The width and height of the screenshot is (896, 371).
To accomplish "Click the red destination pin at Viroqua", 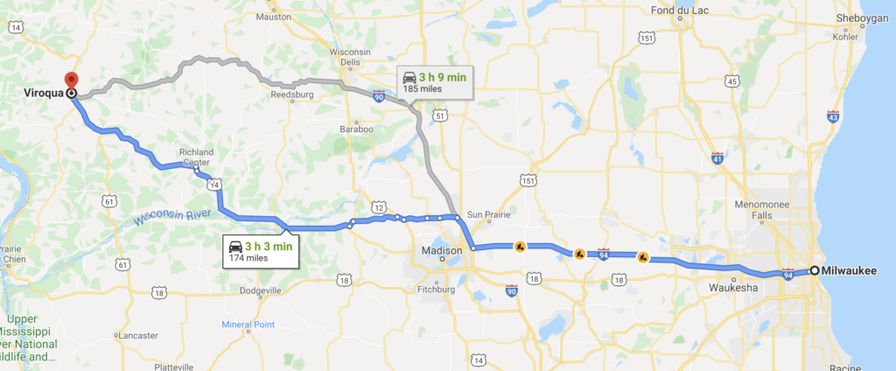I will tap(72, 80).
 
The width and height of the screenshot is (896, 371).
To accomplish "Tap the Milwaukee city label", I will tap(855, 271).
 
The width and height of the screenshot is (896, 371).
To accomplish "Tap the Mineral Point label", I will tap(248, 325).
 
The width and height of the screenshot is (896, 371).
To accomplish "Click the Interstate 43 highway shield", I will tap(832, 115).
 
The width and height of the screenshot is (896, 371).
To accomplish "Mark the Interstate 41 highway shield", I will tap(717, 159).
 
